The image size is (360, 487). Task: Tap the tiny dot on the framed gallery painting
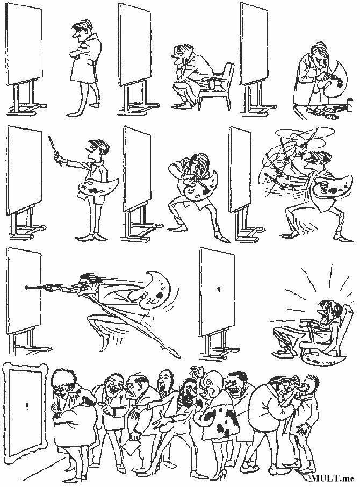pyautogui.click(x=26, y=405)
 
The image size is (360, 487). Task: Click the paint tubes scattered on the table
pyautogui.click(x=325, y=111)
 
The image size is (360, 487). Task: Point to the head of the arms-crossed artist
pyautogui.click(x=82, y=31)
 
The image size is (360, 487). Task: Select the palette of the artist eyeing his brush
pyautogui.click(x=97, y=187)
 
